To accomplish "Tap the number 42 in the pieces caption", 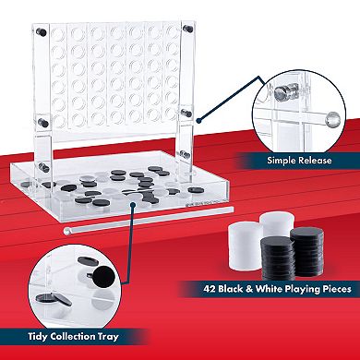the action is click(x=210, y=289).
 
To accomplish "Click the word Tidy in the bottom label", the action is click(x=38, y=336).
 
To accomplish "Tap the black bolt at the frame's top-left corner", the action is click(x=42, y=31).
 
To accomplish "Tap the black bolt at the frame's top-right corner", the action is click(x=187, y=29).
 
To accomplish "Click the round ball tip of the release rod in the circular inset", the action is click(x=333, y=119).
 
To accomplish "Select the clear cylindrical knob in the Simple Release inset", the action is click(x=282, y=93).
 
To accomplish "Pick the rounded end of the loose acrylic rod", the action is click(x=66, y=231).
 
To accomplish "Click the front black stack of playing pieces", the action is click(x=278, y=258).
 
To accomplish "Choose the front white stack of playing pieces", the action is click(x=246, y=246).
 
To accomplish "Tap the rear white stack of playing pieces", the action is click(x=277, y=224).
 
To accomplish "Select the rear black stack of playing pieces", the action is click(x=307, y=251).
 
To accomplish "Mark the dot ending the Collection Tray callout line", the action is click(x=133, y=204).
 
